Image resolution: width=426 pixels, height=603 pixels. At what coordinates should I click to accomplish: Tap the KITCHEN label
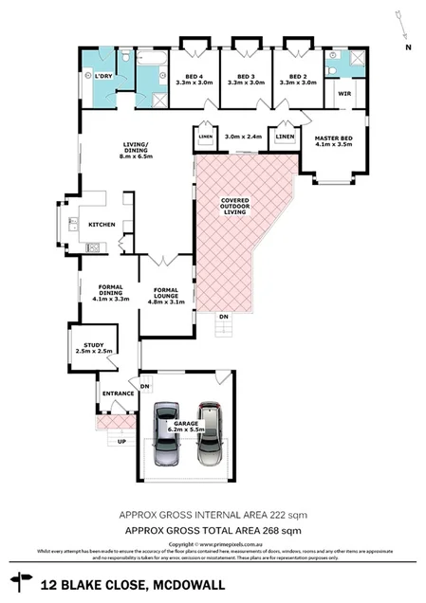click(x=102, y=225)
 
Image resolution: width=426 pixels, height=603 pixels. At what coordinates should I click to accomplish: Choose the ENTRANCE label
click(x=113, y=392)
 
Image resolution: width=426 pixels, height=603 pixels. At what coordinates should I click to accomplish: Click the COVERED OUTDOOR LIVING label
click(x=234, y=207)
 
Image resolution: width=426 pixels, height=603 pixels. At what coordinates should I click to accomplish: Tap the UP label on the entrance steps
click(x=120, y=442)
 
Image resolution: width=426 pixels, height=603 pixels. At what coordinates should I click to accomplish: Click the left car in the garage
click(x=165, y=435)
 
